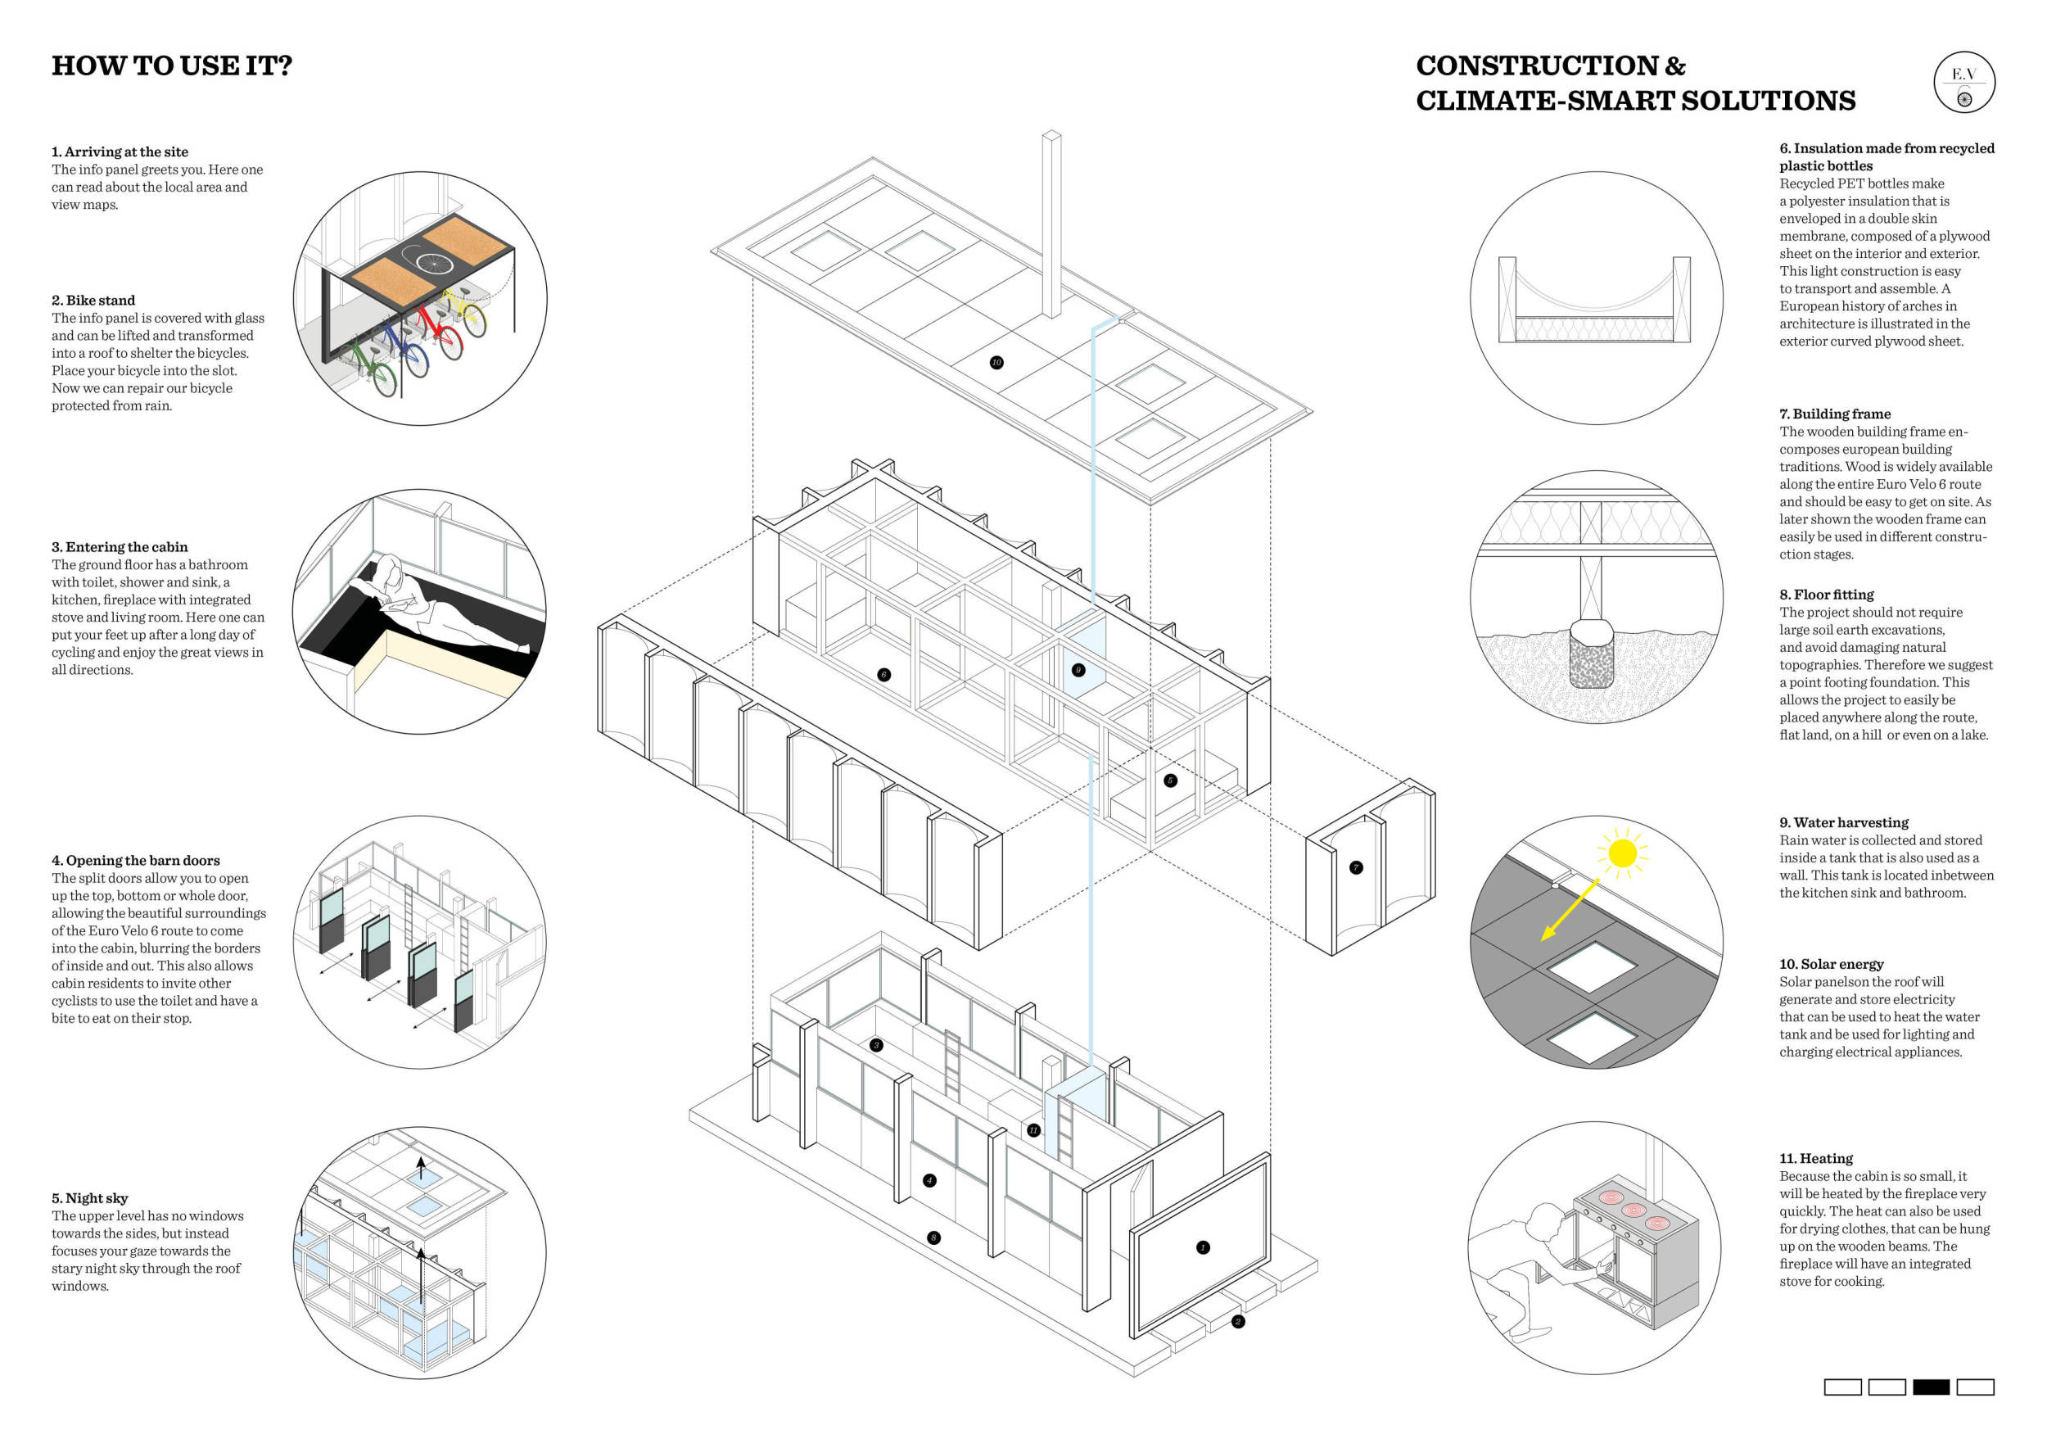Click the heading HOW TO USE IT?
(x=171, y=66)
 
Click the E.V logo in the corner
(x=1964, y=83)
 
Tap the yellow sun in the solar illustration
(x=1623, y=853)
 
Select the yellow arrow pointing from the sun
(x=1570, y=908)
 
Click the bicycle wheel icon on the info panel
(x=434, y=262)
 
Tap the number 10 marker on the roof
(x=996, y=362)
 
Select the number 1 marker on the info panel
(x=1203, y=1247)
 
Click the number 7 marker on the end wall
(x=1356, y=867)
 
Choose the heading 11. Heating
(x=1815, y=1158)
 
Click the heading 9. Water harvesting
(x=1844, y=822)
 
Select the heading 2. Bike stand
(x=93, y=301)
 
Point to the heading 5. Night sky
(x=89, y=1198)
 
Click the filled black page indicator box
(x=1931, y=1387)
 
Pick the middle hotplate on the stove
(x=1634, y=1210)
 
